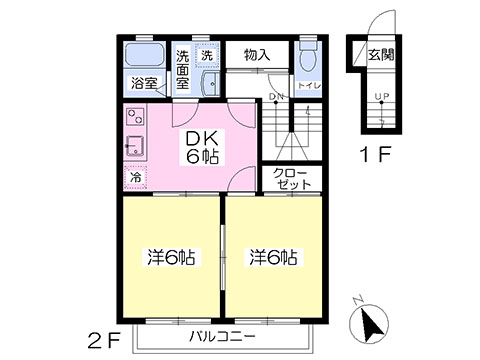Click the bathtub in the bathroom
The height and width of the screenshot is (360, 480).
(144, 54)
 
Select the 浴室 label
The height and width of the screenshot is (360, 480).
(144, 83)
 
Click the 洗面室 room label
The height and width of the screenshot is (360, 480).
(183, 70)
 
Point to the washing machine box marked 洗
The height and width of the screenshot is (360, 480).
(207, 55)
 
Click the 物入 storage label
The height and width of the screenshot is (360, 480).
(257, 55)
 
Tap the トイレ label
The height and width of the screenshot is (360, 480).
(309, 86)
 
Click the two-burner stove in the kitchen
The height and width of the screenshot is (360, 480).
(135, 116)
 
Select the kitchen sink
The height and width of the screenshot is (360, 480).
(135, 146)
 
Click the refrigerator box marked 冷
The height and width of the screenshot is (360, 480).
(135, 177)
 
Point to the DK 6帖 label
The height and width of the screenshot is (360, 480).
(202, 147)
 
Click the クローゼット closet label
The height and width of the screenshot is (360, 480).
(292, 179)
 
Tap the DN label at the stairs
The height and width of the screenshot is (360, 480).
(276, 97)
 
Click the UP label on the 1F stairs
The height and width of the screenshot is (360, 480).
(382, 97)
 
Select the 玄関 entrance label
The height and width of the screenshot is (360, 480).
(381, 55)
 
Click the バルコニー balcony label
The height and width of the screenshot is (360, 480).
(223, 336)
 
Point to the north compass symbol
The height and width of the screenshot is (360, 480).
(369, 322)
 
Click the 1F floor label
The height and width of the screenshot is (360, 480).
(375, 155)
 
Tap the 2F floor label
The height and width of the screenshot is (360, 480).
(104, 340)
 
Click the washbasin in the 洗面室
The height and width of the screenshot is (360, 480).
(211, 83)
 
